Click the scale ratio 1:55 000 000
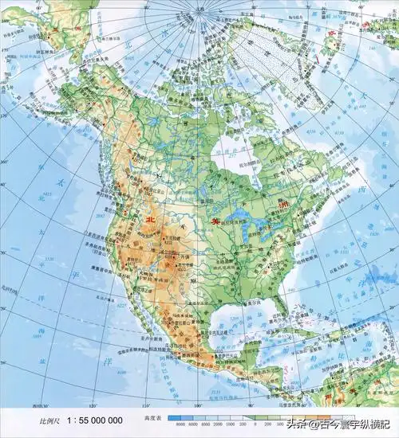95,419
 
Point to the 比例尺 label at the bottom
38,420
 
